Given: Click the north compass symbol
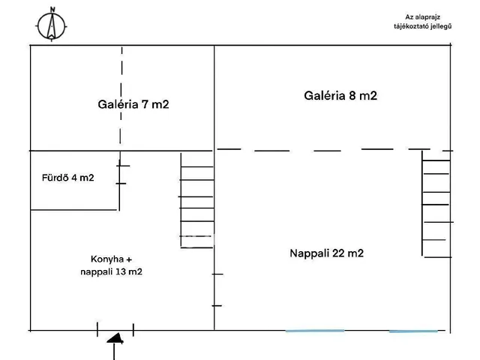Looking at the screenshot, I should coord(52,24).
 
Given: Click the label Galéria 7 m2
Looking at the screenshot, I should coord(133,105).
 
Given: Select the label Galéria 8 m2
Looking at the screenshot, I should coord(340,96).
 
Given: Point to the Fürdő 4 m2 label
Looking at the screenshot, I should coord(67,178).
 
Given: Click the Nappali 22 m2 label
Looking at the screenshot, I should coord(326,253).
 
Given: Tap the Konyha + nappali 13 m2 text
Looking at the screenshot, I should coord(111,265).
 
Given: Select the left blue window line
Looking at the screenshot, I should coord(315,330).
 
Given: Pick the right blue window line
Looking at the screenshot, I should coord(413,330).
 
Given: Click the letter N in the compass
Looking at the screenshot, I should coord(52,10).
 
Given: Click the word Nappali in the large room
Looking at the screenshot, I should coord(308,253).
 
